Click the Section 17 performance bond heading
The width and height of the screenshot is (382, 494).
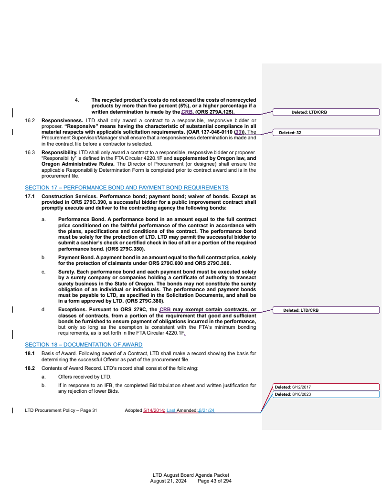[x=127, y=188]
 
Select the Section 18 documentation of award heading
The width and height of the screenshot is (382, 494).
[x=84, y=345]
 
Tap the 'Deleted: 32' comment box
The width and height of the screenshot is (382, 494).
[x=326, y=133]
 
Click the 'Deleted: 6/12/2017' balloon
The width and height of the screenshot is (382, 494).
[x=326, y=387]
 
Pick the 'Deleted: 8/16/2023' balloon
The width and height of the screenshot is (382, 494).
[x=326, y=394]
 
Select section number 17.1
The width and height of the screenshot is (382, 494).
[x=30, y=196]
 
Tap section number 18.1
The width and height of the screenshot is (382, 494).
[x=30, y=353]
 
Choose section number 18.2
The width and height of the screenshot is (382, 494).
[x=30, y=369]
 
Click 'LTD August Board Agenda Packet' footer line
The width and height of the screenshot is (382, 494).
[x=191, y=475]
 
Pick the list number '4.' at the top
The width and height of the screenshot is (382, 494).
[x=77, y=100]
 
